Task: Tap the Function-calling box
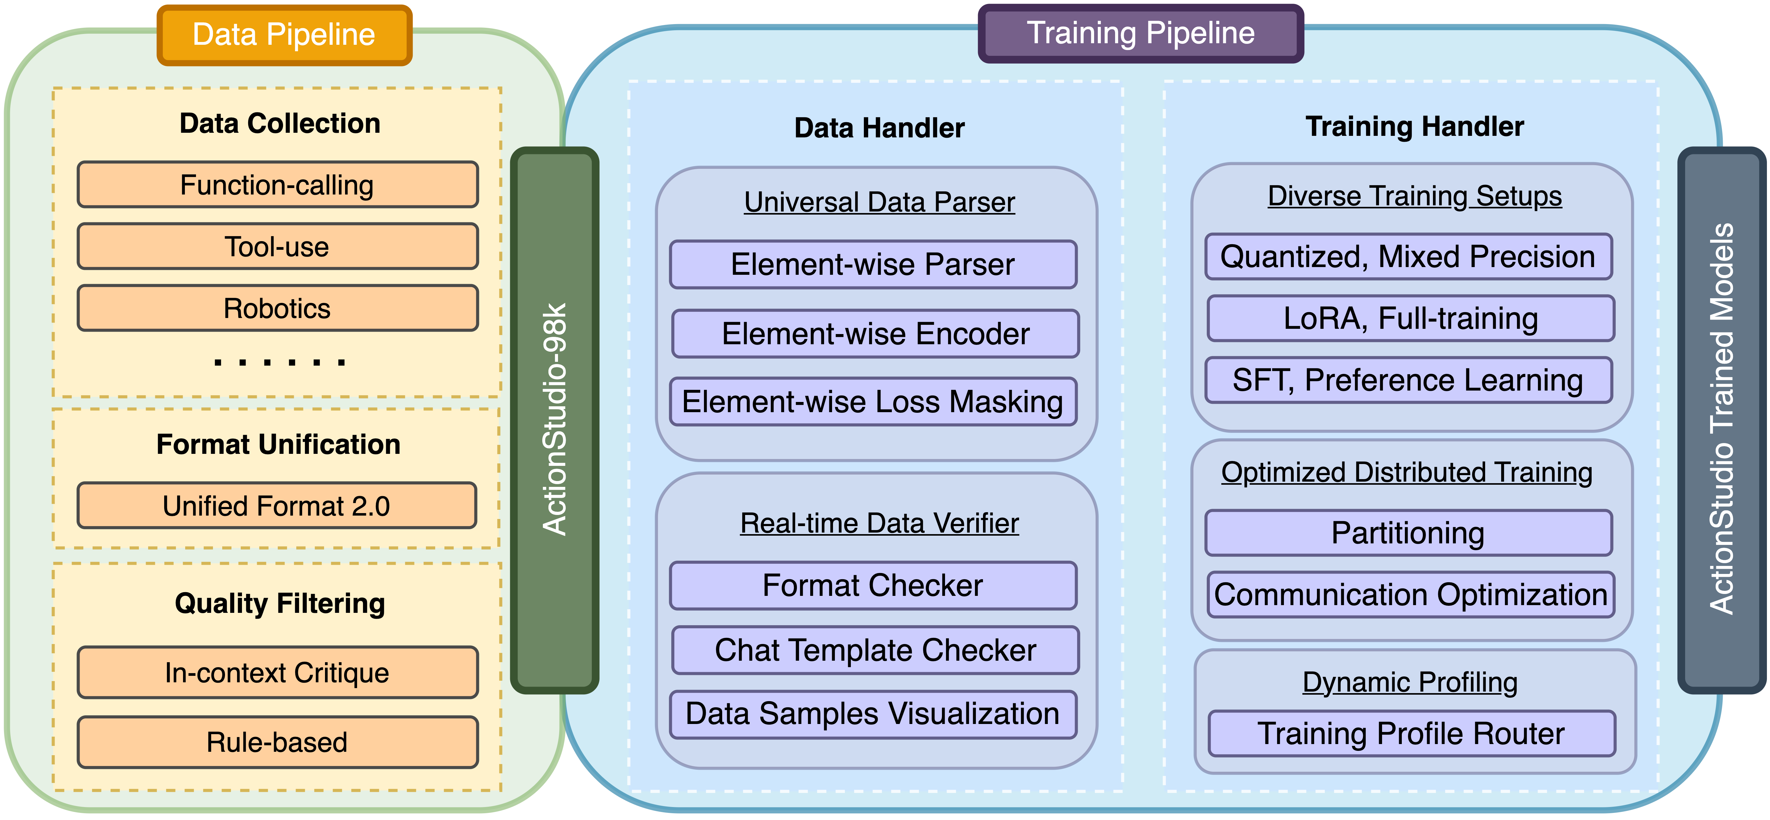[x=277, y=185]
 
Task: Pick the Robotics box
[x=277, y=309]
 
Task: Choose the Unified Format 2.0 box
[x=276, y=506]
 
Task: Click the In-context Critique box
[x=277, y=672]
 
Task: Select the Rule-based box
[x=277, y=742]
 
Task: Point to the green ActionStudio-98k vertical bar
[x=555, y=419]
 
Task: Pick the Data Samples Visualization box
[x=873, y=714]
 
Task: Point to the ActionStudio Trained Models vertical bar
[x=1721, y=419]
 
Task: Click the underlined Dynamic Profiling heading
[x=1410, y=683]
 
